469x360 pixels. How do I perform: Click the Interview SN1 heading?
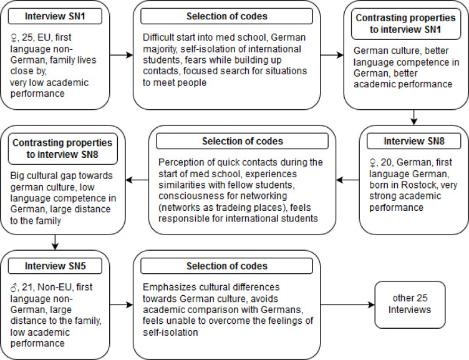(x=62, y=16)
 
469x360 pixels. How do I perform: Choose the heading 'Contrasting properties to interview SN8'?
(x=62, y=147)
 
